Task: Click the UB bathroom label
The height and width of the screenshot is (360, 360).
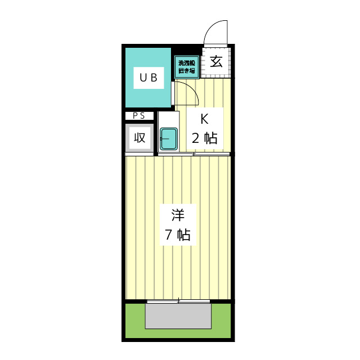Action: (148, 78)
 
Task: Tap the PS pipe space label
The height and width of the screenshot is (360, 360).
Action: (139, 116)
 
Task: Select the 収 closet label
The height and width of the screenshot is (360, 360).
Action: (140, 137)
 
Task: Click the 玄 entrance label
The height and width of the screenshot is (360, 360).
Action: (216, 61)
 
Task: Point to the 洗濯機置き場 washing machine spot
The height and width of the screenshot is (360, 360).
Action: (187, 67)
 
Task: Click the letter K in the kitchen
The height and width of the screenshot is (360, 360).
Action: (204, 119)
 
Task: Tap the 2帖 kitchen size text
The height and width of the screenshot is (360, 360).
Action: (204, 138)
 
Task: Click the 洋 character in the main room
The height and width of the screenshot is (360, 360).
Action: (178, 215)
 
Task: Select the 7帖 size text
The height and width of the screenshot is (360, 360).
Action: (178, 235)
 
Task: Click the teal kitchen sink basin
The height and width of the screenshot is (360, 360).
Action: (169, 139)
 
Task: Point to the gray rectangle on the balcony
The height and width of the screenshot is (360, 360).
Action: (178, 316)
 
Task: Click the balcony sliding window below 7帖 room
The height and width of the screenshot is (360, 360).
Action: (178, 301)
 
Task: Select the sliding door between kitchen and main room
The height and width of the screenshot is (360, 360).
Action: (194, 154)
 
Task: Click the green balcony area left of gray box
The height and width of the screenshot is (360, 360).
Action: (135, 321)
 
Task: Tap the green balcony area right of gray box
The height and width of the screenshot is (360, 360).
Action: (221, 321)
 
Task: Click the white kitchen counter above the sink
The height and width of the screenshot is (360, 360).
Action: (169, 119)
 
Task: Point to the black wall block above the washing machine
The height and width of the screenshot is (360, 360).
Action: (186, 51)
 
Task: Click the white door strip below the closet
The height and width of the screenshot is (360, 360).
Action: (139, 154)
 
